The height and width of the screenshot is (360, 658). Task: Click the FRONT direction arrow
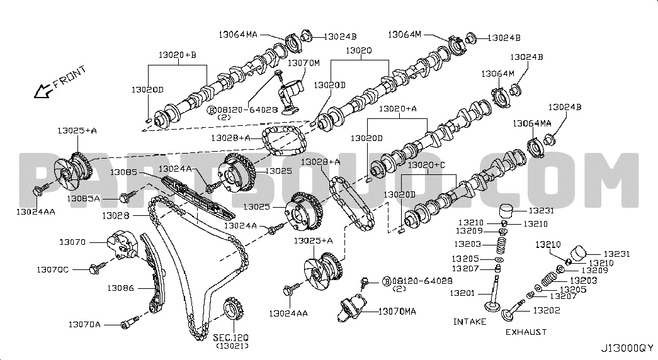tap(43, 91)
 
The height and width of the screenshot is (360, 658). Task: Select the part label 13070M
tap(304, 63)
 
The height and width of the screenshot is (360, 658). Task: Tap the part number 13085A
tap(84, 199)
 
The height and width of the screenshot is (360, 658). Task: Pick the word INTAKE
tap(470, 322)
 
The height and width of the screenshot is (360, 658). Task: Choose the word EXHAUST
tap(525, 332)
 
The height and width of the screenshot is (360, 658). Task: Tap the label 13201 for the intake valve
tap(463, 293)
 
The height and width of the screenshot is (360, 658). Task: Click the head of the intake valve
tap(491, 307)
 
